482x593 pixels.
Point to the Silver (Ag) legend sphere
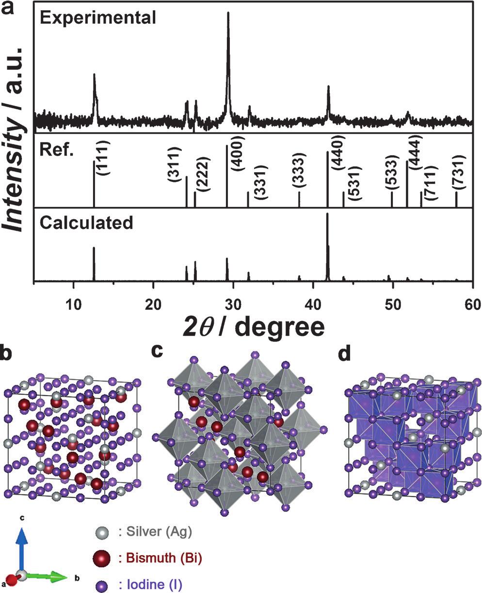[x=101, y=532]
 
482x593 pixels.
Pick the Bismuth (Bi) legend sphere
[x=101, y=558]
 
